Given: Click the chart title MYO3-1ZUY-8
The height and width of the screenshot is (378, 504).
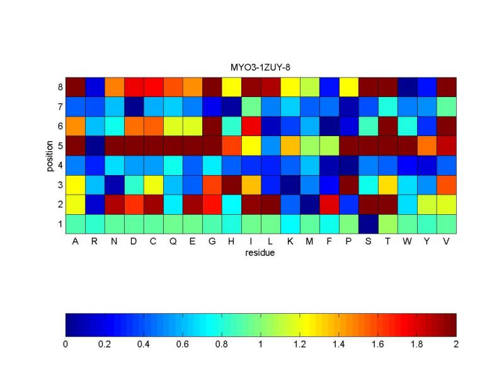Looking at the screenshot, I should tap(260, 67).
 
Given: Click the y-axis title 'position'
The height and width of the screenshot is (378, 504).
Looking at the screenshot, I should tap(50, 155).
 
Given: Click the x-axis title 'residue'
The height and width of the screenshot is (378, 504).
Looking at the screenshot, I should tap(260, 253).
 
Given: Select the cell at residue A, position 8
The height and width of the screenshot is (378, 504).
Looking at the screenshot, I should tap(75, 87).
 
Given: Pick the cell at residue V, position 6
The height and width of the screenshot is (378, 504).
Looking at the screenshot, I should tap(446, 126).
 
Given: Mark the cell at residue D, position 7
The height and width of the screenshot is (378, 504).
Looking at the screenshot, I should tap(134, 106).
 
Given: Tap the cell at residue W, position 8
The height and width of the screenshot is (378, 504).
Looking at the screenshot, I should tap(407, 87).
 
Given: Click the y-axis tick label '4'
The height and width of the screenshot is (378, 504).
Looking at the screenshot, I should tap(60, 165).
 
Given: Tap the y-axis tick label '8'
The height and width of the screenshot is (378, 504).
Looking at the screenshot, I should tap(60, 87).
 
